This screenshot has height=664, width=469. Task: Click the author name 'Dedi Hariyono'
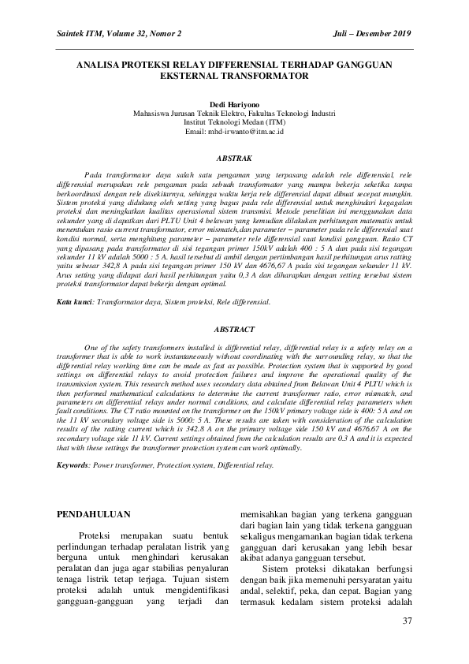(234, 104)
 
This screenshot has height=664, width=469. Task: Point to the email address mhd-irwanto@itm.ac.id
(234, 131)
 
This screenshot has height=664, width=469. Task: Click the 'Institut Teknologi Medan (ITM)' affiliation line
(234, 122)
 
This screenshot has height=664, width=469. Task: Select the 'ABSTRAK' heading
(234, 159)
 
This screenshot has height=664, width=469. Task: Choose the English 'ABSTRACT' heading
(234, 329)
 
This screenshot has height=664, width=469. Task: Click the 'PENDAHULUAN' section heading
(95, 513)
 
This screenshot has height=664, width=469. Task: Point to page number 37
(408, 621)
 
